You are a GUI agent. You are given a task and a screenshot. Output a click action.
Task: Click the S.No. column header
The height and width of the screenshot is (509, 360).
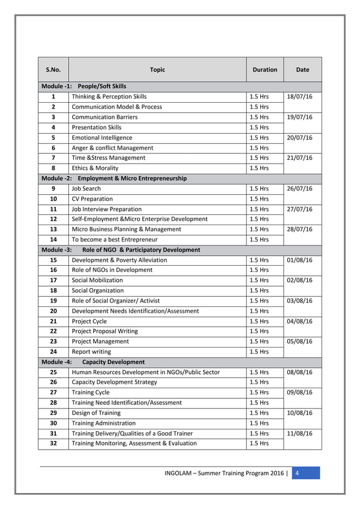click(x=53, y=70)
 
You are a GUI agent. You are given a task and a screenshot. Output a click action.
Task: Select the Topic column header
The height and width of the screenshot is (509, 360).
click(x=157, y=70)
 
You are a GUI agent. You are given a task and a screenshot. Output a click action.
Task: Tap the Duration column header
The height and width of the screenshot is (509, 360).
click(x=265, y=70)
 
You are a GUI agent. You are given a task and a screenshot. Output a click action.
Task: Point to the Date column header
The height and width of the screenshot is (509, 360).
click(x=302, y=70)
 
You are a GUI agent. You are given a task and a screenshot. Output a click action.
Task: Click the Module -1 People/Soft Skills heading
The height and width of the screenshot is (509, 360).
click(x=84, y=86)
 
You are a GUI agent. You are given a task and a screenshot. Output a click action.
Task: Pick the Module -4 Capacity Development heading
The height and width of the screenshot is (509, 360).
click(x=93, y=362)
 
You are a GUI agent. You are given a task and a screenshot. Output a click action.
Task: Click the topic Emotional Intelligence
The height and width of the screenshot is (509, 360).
click(x=102, y=138)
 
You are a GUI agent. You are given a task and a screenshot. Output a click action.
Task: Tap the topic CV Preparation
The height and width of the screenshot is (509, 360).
click(x=93, y=199)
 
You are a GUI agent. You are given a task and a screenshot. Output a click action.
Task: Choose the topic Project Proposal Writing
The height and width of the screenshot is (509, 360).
click(x=105, y=331)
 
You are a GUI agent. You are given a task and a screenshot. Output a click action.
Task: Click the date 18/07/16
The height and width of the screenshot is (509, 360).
click(x=300, y=96)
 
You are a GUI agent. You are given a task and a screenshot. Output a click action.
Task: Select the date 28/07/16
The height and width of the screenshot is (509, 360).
click(x=300, y=229)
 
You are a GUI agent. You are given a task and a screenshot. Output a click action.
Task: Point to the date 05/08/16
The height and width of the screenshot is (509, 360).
click(x=300, y=341)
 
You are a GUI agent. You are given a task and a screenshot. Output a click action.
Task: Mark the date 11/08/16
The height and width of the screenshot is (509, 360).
click(x=300, y=433)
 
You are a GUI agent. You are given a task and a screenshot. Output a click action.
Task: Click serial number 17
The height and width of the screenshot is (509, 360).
click(x=53, y=280)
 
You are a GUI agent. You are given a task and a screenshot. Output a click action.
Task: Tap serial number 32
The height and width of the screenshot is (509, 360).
click(x=53, y=444)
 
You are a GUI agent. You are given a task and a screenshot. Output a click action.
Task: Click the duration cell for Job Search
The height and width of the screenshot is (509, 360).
click(x=259, y=188)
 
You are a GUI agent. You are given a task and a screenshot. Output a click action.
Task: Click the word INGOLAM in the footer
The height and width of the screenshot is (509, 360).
click(x=180, y=473)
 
